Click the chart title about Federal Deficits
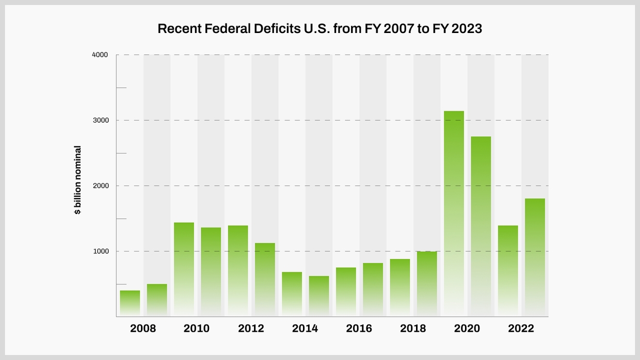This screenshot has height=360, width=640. (319, 29)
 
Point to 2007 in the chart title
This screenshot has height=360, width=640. (393, 29)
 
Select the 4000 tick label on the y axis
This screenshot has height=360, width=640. (100, 55)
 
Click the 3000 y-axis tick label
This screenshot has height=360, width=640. (100, 120)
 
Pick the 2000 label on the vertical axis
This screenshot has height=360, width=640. (100, 186)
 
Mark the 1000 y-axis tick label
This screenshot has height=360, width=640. (100, 251)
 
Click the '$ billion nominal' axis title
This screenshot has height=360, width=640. (78, 181)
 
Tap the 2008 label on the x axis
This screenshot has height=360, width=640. (143, 329)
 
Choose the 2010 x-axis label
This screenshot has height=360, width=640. (197, 329)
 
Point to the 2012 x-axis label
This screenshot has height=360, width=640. (251, 329)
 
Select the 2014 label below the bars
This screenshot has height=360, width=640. (305, 329)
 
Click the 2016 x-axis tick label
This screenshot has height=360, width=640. (359, 329)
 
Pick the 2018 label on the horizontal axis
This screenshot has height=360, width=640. (413, 329)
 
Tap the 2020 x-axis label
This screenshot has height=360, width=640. (467, 329)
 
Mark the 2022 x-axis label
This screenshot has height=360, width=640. (521, 329)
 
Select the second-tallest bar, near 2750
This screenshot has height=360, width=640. (481, 226)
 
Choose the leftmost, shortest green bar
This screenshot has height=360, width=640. (130, 303)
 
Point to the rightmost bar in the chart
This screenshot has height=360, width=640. (535, 257)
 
